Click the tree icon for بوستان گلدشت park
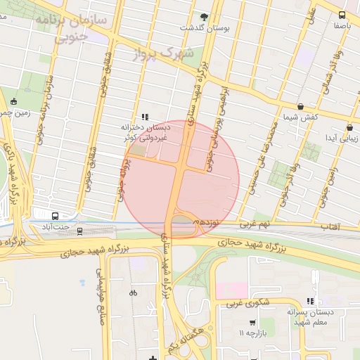coord(205,16)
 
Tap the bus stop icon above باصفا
coord(342,15)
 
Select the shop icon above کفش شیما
coord(300,107)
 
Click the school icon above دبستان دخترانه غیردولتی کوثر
coord(145,117)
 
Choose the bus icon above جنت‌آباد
coord(56,217)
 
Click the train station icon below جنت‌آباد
coord(79,230)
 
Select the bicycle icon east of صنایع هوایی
coord(134,292)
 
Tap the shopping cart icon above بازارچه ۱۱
coord(252,323)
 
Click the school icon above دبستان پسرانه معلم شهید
coord(310,300)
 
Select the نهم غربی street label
coord(255,224)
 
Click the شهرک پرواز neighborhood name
coord(161,53)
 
